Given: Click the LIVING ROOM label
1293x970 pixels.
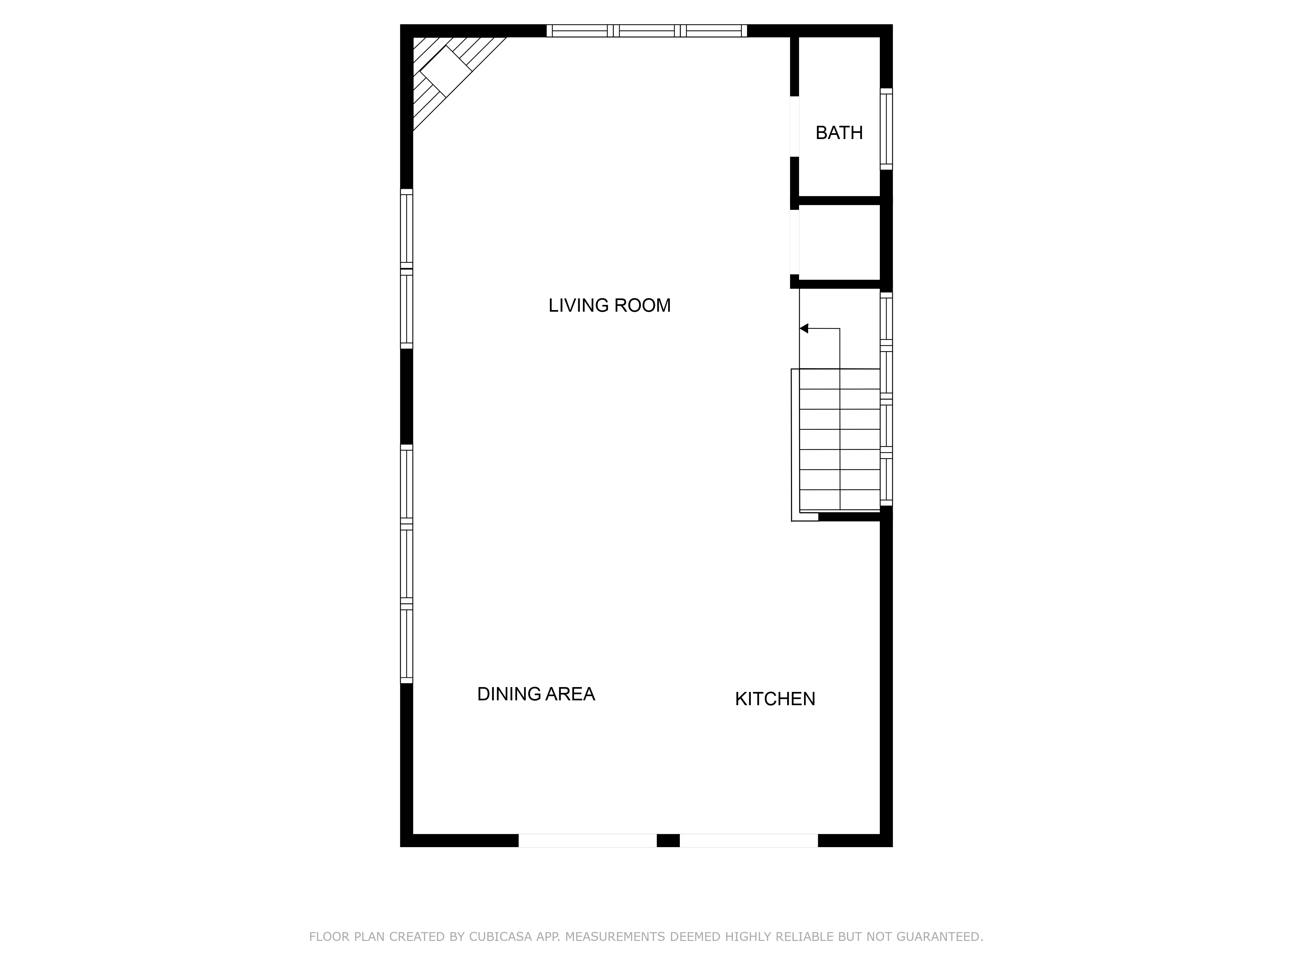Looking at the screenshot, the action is pyautogui.click(x=609, y=305).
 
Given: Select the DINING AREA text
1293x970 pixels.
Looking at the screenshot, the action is pyautogui.click(x=536, y=694).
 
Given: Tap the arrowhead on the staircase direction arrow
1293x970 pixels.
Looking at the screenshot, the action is pyautogui.click(x=804, y=329).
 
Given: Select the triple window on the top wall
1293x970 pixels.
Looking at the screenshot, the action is pyautogui.click(x=646, y=30).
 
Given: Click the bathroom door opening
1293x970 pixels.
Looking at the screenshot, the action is pyautogui.click(x=795, y=126).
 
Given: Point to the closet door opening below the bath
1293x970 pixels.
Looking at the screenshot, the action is pyautogui.click(x=795, y=242).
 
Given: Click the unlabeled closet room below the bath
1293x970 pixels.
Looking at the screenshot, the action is pyautogui.click(x=839, y=242).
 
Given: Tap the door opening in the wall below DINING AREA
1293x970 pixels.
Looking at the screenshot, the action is pyautogui.click(x=587, y=840).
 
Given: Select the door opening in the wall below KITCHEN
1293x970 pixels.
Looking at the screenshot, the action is pyautogui.click(x=749, y=840).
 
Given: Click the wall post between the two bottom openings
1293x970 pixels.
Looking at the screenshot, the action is pyautogui.click(x=668, y=840).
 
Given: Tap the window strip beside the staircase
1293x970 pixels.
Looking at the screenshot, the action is pyautogui.click(x=886, y=399).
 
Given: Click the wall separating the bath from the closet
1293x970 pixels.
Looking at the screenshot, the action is pyautogui.click(x=839, y=200).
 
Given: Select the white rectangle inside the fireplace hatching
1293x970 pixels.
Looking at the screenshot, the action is pyautogui.click(x=446, y=71).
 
